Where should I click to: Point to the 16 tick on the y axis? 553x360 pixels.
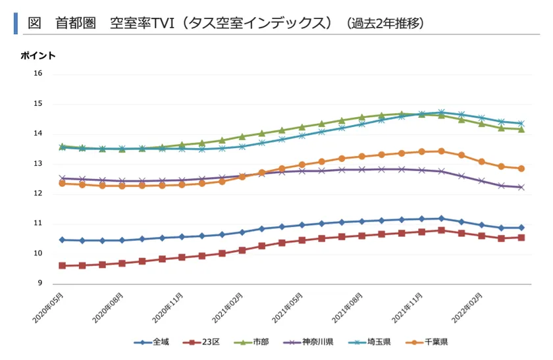38,73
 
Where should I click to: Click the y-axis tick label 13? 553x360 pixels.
38,164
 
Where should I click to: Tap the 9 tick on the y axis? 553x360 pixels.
39,284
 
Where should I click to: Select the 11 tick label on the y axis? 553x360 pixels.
38,224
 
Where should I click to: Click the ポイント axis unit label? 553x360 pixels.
38,56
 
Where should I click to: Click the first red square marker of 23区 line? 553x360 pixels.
62,265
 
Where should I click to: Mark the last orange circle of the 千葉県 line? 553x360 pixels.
521,168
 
